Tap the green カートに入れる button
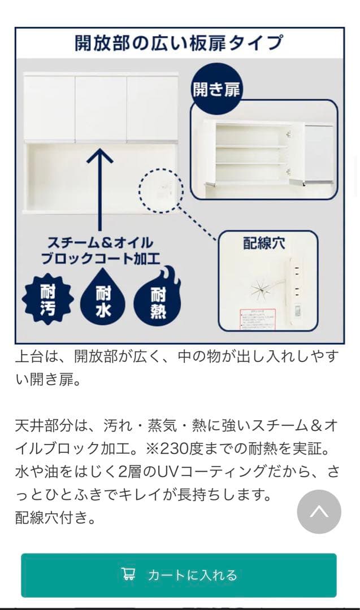[179, 575]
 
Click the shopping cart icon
[128, 574]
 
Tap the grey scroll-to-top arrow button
[319, 512]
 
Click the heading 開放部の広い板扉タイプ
[179, 43]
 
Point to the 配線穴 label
[264, 243]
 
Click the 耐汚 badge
[47, 300]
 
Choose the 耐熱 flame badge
[158, 300]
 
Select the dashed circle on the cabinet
[162, 190]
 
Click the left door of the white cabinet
[49, 107]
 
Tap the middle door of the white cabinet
[101, 107]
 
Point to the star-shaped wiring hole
[261, 290]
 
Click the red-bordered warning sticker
[257, 319]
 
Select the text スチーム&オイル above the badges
[100, 243]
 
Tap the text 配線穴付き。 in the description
[55, 517]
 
